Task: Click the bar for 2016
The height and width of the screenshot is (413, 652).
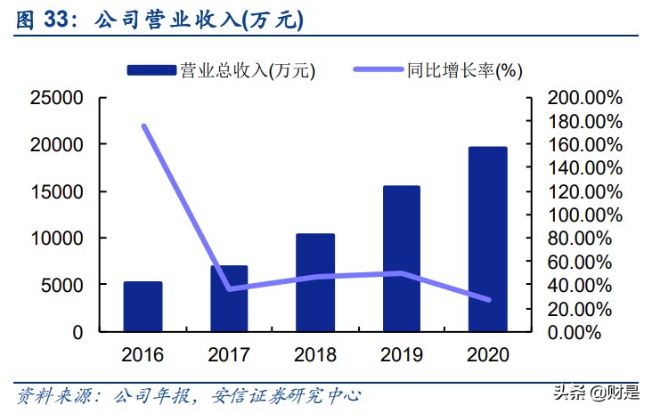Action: [x=143, y=306]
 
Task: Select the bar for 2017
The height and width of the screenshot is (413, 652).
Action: [x=229, y=298]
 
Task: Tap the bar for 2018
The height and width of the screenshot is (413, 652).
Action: [x=315, y=282]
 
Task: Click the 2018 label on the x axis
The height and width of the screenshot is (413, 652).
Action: [x=315, y=355]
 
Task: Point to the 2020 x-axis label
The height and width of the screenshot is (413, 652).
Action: [x=488, y=355]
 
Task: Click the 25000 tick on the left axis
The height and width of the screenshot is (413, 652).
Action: [x=57, y=97]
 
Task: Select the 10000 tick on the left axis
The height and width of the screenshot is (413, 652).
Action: [x=57, y=239]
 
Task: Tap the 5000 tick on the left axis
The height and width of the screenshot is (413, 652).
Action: [x=63, y=285]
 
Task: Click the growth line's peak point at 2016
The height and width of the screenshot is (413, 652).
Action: [x=143, y=126]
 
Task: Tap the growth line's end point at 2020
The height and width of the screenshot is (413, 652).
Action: [x=488, y=300]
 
